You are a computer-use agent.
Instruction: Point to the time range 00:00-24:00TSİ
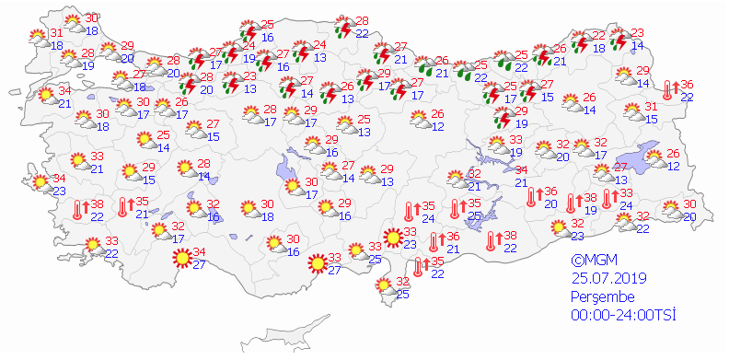[x=623, y=315]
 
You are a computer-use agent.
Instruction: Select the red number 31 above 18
[x=56, y=33]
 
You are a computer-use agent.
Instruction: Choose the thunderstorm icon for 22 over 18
[x=581, y=42]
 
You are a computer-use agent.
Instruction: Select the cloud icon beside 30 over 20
[x=673, y=211]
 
